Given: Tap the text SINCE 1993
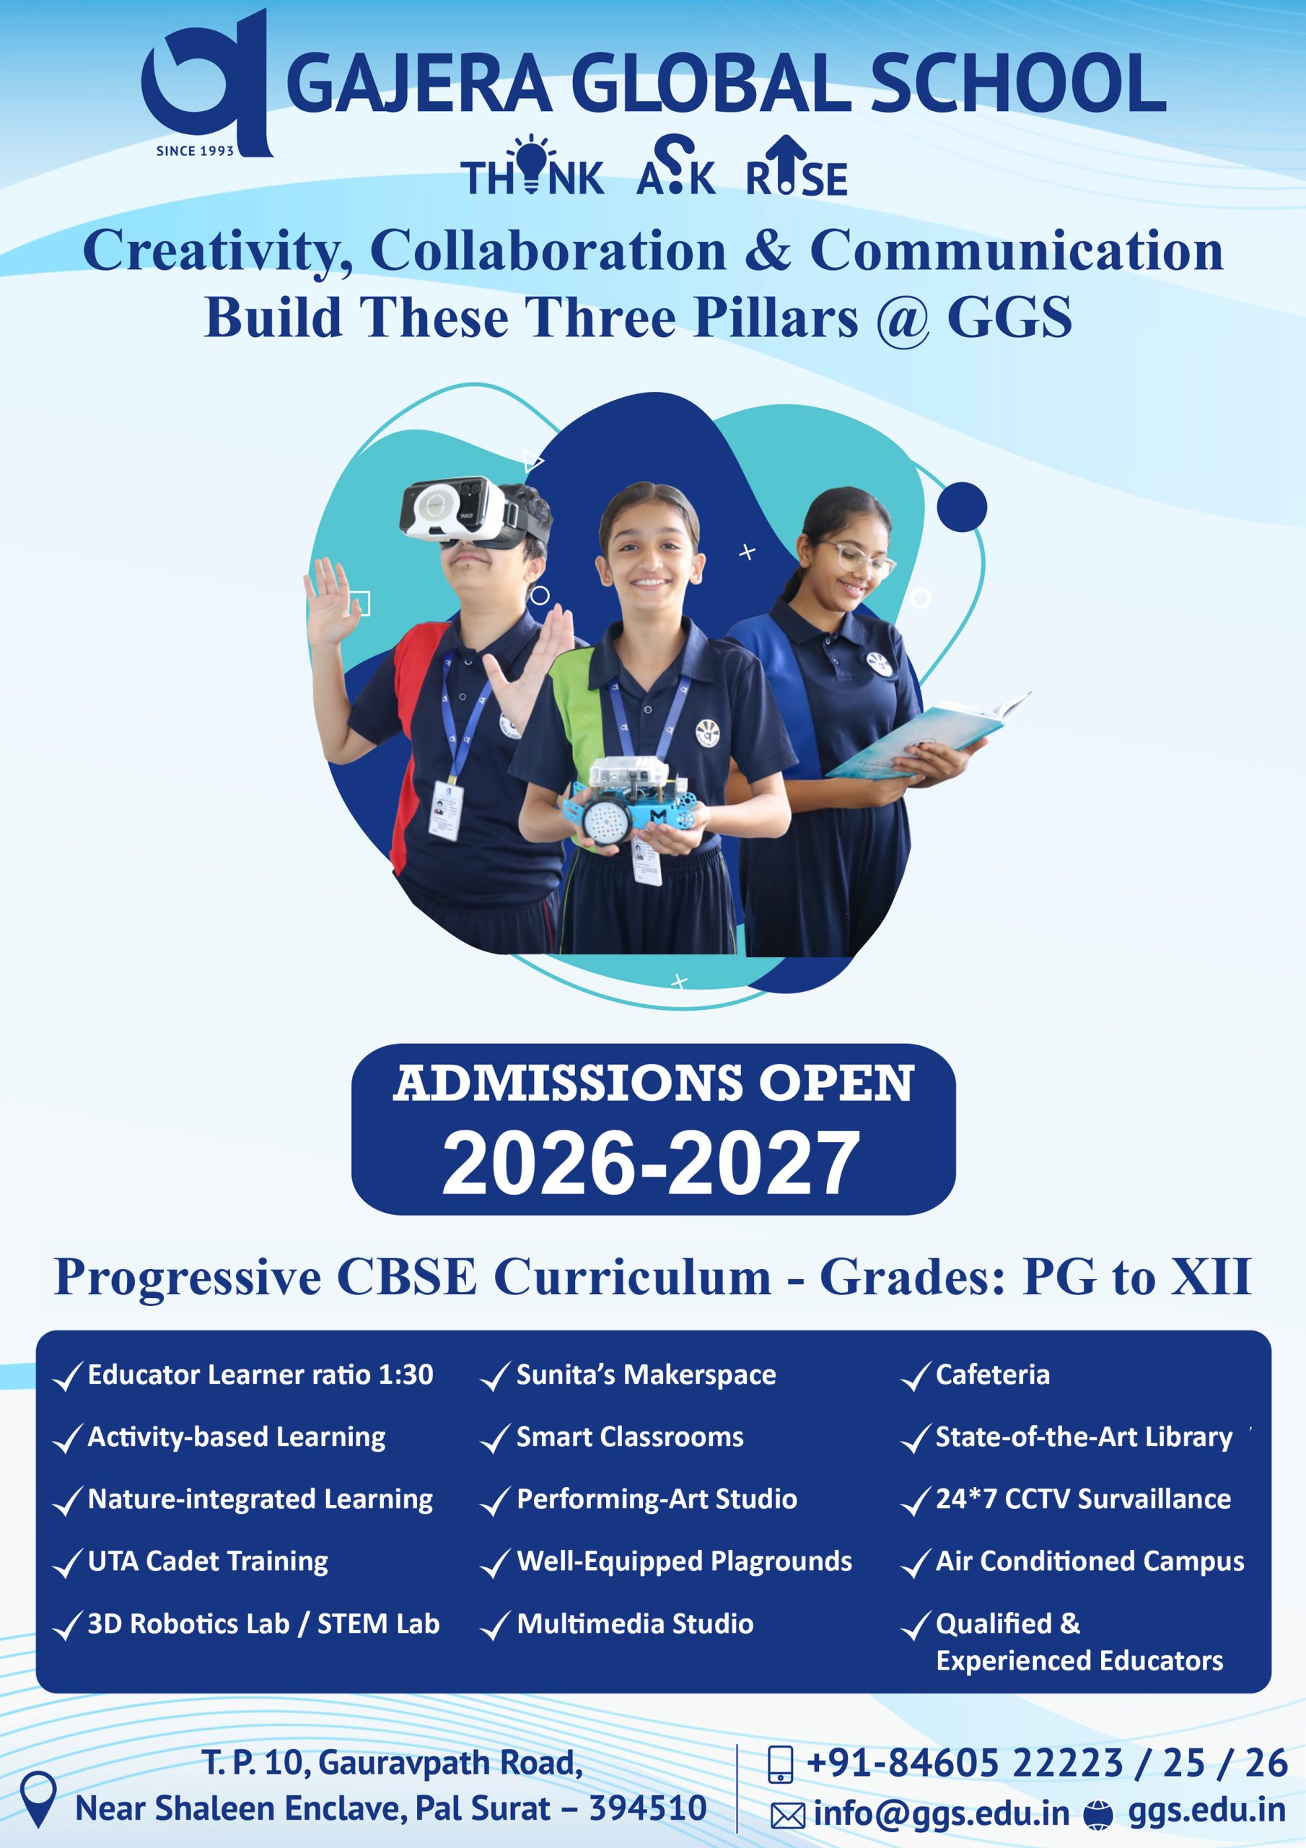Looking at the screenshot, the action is [x=195, y=151].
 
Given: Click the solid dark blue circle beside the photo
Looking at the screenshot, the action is [x=962, y=506].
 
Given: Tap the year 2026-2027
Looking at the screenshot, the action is [x=652, y=1162].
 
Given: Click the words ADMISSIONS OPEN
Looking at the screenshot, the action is [x=654, y=1083].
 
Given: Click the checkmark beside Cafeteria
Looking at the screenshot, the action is [x=916, y=1377].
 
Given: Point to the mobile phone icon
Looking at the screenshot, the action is [x=781, y=1763].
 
